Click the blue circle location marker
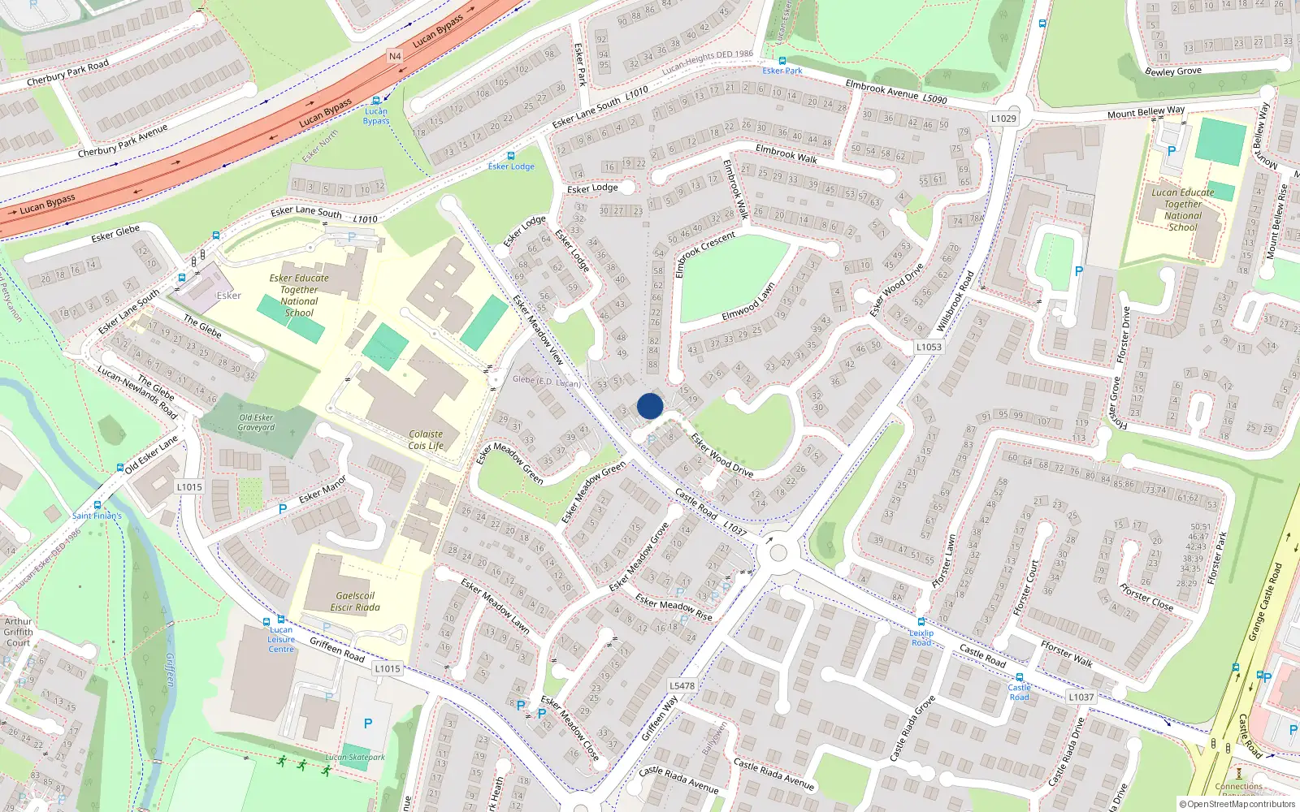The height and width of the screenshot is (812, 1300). pos(650,406)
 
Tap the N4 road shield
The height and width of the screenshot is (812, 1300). pos(395,56)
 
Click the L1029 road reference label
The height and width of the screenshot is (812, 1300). pos(1003,119)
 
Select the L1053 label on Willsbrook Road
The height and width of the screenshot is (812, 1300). pos(929,347)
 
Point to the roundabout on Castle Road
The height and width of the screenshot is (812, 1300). pos(778,554)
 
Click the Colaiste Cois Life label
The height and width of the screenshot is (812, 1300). pos(426,439)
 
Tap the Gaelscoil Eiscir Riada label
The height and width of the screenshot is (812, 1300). pos(355,602)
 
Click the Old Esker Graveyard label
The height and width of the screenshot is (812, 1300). pos(256,422)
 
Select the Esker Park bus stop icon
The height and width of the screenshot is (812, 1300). pos(782,61)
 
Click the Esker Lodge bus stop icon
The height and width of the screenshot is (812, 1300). pos(510,156)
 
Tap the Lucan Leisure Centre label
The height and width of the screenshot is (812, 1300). pos(281,639)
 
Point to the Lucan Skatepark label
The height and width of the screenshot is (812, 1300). pos(355,758)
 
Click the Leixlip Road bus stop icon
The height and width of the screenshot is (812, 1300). pos(921,623)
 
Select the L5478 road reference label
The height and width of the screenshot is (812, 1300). pos(682,685)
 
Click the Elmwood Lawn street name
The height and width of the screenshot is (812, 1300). pos(748,302)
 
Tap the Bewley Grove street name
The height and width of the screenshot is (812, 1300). pos(1172,71)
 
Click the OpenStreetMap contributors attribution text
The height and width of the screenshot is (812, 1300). pos(1237,804)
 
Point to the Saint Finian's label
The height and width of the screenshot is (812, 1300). pos(97,516)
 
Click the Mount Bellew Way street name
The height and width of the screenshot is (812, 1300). pos(1146,112)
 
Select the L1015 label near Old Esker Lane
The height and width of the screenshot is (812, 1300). pos(188,487)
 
